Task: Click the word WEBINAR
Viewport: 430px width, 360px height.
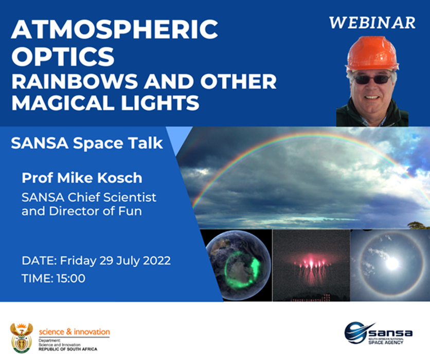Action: point(372,23)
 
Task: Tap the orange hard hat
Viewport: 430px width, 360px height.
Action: point(371,53)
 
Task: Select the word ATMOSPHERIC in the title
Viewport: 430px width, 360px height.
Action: point(115,29)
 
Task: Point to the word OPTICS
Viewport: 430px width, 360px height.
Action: point(63,56)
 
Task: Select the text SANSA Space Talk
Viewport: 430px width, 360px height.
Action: point(87,143)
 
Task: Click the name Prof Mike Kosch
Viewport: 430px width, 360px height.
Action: point(82,178)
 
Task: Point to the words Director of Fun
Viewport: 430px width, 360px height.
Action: point(96,211)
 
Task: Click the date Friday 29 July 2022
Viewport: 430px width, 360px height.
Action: point(115,260)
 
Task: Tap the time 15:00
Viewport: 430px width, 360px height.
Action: point(71,278)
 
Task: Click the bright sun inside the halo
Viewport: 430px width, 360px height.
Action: point(392,263)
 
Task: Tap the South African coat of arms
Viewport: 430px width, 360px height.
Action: point(22,337)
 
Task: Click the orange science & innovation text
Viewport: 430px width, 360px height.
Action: point(74,332)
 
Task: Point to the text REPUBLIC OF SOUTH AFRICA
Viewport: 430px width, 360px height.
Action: point(68,349)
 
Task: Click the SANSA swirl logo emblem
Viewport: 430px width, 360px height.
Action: point(356,333)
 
